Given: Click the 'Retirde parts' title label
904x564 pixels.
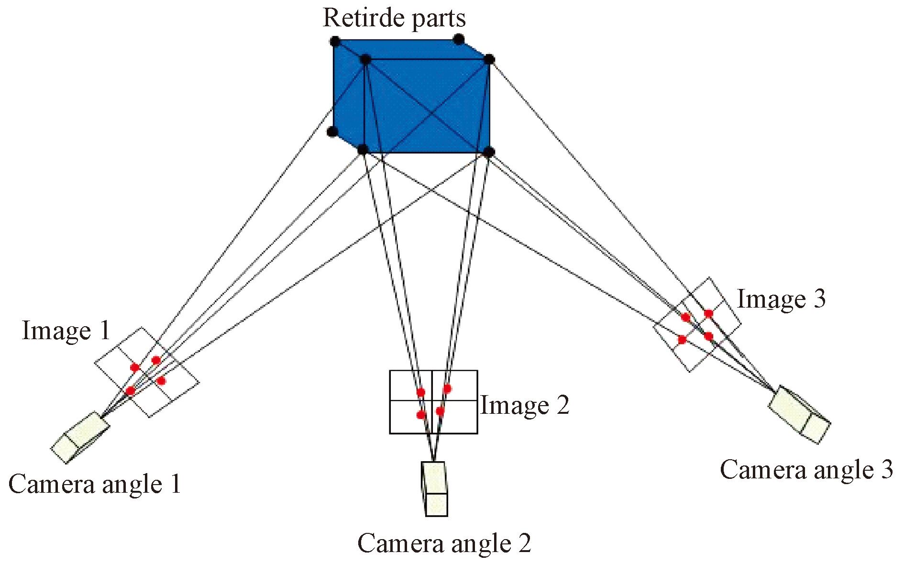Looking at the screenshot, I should pyautogui.click(x=394, y=18).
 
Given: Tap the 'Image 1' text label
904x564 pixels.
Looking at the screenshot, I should pyautogui.click(x=66, y=331).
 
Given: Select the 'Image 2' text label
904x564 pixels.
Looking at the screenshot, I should pyautogui.click(x=525, y=406).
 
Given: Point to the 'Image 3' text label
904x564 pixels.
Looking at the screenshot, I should pyautogui.click(x=782, y=299).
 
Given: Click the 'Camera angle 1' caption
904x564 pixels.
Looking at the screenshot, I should pyautogui.click(x=95, y=484).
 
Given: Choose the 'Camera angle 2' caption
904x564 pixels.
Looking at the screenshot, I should pyautogui.click(x=444, y=543).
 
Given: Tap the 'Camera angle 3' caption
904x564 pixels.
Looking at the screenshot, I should pyautogui.click(x=806, y=470).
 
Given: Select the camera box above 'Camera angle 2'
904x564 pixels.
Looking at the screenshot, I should pyautogui.click(x=435, y=489).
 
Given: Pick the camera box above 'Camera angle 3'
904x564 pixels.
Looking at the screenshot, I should pyautogui.click(x=799, y=414).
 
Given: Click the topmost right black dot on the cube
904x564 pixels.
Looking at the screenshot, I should pyautogui.click(x=459, y=39).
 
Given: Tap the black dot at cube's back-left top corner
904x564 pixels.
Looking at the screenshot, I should pyautogui.click(x=335, y=41).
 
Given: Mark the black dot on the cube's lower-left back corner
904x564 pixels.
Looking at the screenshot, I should pyautogui.click(x=332, y=132).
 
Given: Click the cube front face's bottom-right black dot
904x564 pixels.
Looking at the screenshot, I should pyautogui.click(x=489, y=152).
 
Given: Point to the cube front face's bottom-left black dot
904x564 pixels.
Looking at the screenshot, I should pyautogui.click(x=363, y=149).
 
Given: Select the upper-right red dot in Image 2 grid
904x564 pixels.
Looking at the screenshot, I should pyautogui.click(x=447, y=388).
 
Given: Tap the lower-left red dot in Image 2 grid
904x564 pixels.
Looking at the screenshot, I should pyautogui.click(x=421, y=415).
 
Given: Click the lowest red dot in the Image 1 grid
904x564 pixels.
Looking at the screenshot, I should pyautogui.click(x=130, y=391).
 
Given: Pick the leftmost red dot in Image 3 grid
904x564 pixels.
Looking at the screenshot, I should pyautogui.click(x=682, y=340).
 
